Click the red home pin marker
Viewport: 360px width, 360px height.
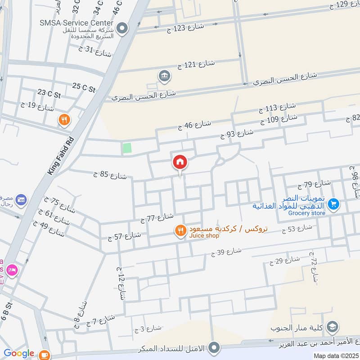point(180,162)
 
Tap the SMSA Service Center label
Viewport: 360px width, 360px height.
point(77,22)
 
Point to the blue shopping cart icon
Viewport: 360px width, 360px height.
point(333,204)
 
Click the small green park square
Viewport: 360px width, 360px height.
point(128,148)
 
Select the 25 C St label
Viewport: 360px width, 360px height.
point(84,87)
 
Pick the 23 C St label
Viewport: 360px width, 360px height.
point(49,94)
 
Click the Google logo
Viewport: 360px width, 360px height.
point(18,353)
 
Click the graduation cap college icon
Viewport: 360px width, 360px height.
point(333,326)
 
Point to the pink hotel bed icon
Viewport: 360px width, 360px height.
point(12,270)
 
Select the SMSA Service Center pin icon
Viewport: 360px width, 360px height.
point(122,29)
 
